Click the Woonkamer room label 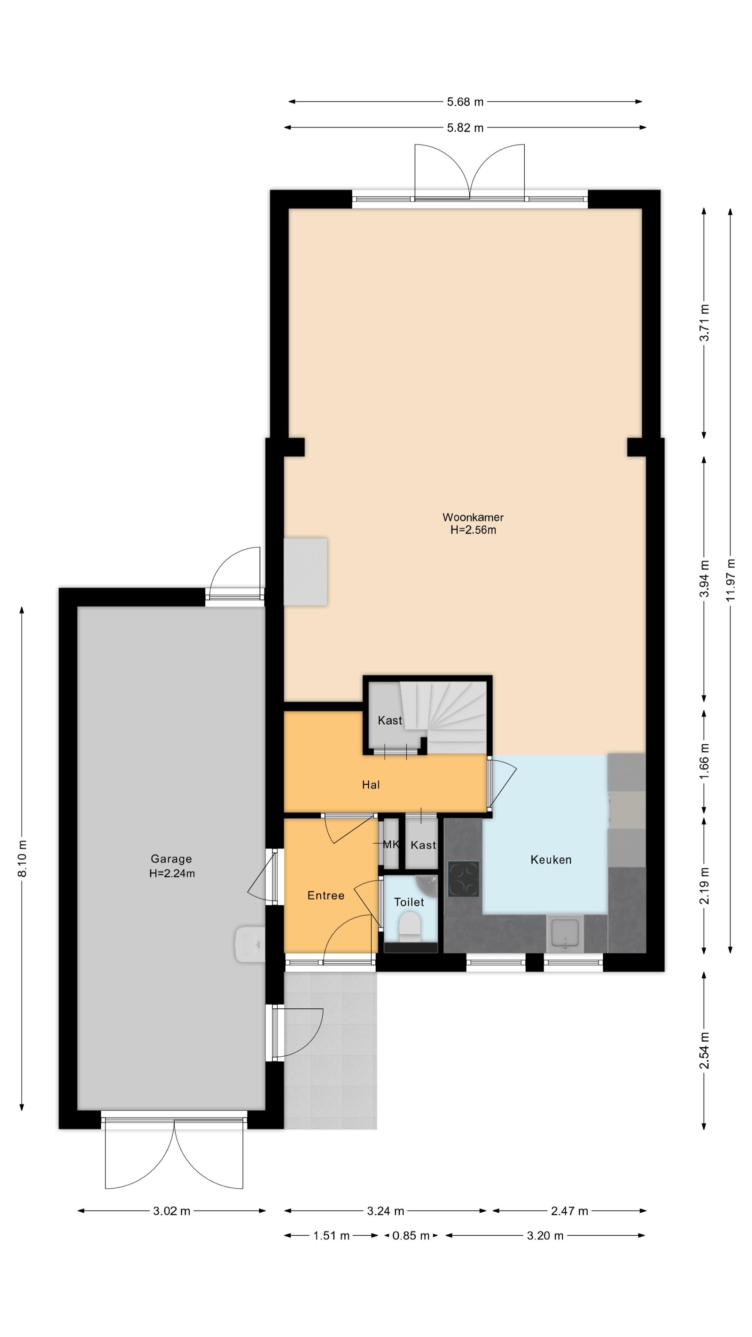click(473, 517)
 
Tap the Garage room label click(171, 859)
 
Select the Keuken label click(551, 860)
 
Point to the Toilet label click(409, 902)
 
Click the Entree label click(326, 895)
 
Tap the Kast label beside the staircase click(390, 720)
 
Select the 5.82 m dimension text click(465, 128)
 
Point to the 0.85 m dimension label click(410, 1235)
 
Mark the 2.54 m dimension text click(704, 1051)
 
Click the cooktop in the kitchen click(463, 879)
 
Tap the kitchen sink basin click(565, 933)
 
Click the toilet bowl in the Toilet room click(409, 927)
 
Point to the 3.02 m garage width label click(171, 1211)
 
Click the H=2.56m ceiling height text click(473, 530)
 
